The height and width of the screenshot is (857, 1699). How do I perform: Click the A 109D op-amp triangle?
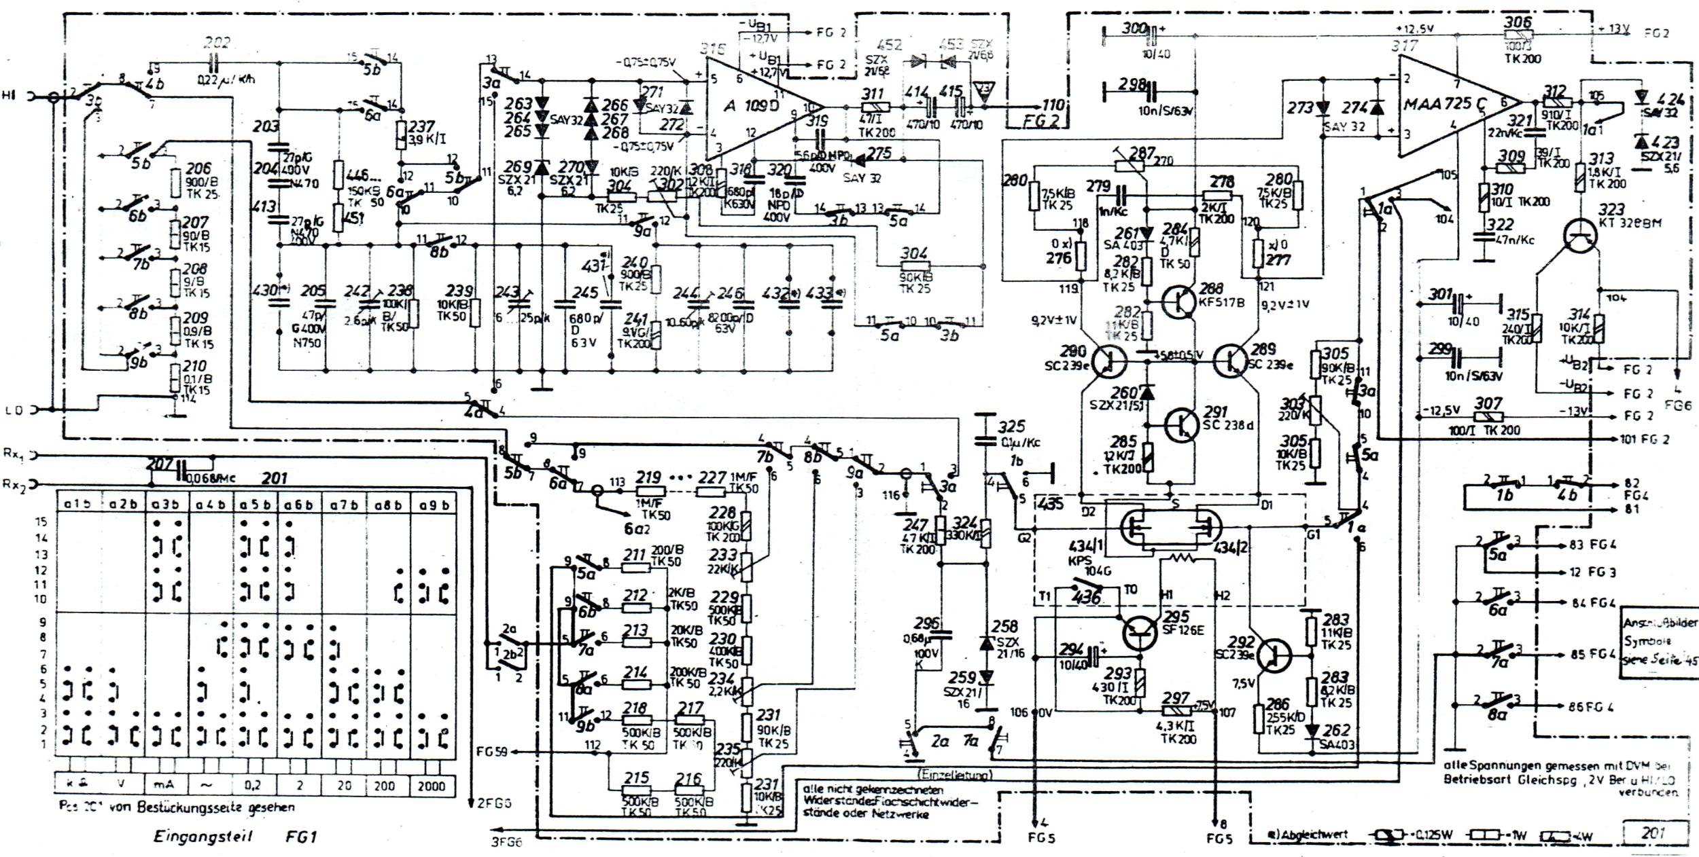click(x=754, y=107)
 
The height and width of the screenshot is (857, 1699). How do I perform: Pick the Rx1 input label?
click(x=12, y=454)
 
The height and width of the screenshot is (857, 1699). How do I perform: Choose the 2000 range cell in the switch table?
click(x=432, y=786)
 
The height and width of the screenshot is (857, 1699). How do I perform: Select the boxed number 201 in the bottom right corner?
click(x=1653, y=833)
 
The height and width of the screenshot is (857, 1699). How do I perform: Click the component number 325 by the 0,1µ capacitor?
click(x=1011, y=427)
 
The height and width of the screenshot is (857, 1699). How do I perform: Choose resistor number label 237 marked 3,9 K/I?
click(x=421, y=128)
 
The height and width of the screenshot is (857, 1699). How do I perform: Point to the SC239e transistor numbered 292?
click(x=1273, y=654)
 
